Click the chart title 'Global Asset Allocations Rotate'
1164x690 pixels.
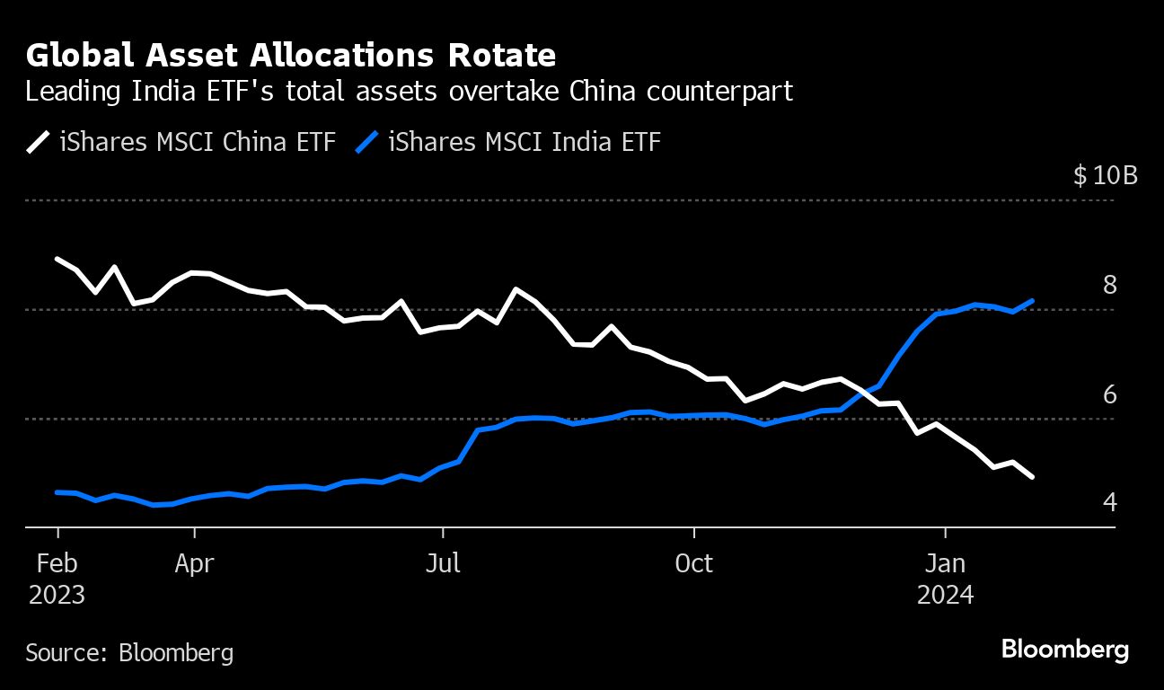point(291,56)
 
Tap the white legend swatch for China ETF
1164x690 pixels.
point(39,142)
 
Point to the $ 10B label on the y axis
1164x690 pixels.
point(1105,175)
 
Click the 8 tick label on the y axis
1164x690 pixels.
point(1109,285)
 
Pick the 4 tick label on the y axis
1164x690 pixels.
point(1109,501)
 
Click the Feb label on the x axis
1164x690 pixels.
point(57,563)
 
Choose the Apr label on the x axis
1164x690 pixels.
point(194,563)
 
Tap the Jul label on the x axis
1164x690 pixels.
point(442,563)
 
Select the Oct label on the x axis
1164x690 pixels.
point(693,563)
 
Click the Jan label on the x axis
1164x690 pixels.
point(945,563)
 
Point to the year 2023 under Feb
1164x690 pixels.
point(57,595)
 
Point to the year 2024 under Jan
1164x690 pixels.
point(945,595)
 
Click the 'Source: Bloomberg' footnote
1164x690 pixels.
point(129,651)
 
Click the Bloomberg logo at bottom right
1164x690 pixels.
point(1064,650)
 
